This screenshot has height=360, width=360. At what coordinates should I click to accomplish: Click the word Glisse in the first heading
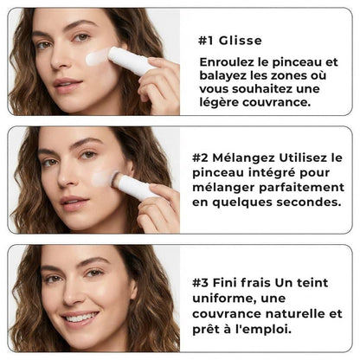click(240, 41)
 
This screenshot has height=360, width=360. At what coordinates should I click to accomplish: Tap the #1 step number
click(206, 41)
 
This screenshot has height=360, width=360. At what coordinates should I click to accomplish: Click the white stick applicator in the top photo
click(128, 61)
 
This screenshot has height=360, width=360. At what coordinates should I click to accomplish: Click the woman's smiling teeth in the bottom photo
click(79, 318)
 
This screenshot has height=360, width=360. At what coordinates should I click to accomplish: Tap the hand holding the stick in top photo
click(159, 83)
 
